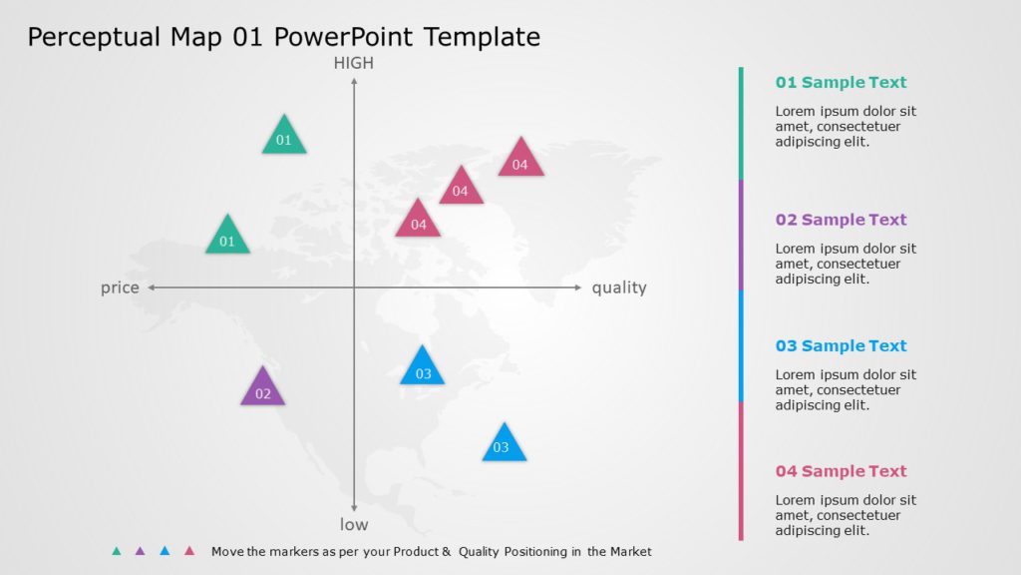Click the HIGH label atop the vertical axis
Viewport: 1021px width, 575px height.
pyautogui.click(x=354, y=63)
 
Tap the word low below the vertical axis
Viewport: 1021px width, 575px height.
pyautogui.click(x=354, y=524)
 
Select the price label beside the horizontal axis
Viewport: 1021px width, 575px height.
pyautogui.click(x=120, y=287)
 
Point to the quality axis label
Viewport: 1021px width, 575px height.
pyautogui.click(x=619, y=287)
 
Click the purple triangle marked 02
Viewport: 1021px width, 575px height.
pyautogui.click(x=262, y=388)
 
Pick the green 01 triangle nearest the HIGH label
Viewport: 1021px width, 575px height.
pyautogui.click(x=284, y=137)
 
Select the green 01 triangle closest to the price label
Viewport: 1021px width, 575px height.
pyautogui.click(x=227, y=237)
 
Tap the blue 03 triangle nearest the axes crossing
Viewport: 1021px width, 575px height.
pyautogui.click(x=423, y=367)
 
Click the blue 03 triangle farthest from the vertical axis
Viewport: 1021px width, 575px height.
pyautogui.click(x=504, y=444)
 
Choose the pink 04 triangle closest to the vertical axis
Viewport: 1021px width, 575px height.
pyautogui.click(x=418, y=220)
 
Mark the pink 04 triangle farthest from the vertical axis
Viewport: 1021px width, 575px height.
pyautogui.click(x=520, y=160)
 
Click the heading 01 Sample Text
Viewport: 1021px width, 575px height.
pyautogui.click(x=841, y=83)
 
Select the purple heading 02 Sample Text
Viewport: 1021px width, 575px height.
pyautogui.click(x=841, y=220)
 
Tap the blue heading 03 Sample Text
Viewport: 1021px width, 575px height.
pyautogui.click(x=841, y=346)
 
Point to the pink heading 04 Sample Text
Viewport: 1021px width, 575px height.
pyautogui.click(x=841, y=471)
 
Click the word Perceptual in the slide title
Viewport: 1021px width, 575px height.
pyautogui.click(x=95, y=38)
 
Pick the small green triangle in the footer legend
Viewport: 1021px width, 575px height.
pyautogui.click(x=117, y=551)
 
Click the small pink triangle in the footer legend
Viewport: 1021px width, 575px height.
pyautogui.click(x=189, y=551)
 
